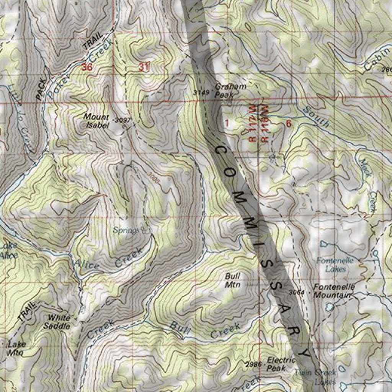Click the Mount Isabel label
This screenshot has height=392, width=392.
(x=96, y=120)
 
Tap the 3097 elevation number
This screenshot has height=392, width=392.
(x=123, y=120)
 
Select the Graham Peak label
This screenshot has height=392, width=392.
(x=230, y=90)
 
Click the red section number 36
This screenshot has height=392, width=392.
(x=87, y=67)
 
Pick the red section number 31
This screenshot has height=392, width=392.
(x=144, y=67)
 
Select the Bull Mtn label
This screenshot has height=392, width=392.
(x=232, y=280)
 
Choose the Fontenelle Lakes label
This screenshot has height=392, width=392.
(x=332, y=265)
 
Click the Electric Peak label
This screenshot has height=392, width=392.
(x=281, y=364)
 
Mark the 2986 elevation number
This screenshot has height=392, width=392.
(x=254, y=364)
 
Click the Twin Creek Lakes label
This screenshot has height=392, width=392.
(x=316, y=377)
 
